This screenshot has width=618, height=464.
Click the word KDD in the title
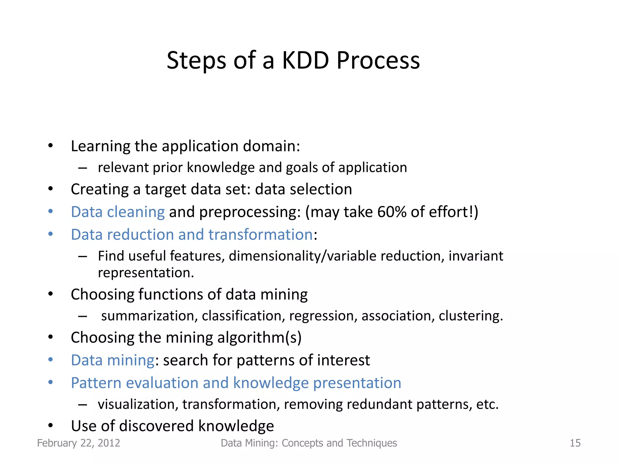305,60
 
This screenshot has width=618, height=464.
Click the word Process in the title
378,60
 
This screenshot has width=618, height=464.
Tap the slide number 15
575,443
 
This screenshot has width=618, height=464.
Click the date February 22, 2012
78,443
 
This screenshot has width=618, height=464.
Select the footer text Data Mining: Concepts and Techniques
309,443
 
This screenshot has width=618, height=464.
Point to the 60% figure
392,212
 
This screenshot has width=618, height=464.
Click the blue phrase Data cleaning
118,212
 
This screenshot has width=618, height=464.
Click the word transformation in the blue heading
260,234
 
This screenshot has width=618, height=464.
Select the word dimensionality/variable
303,256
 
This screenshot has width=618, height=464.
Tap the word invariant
476,256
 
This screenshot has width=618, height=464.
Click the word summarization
149,316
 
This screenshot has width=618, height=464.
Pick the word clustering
471,316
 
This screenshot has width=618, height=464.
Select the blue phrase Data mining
113,360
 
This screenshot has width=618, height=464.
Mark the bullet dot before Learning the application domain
50,146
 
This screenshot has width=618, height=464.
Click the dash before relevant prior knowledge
82,168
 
